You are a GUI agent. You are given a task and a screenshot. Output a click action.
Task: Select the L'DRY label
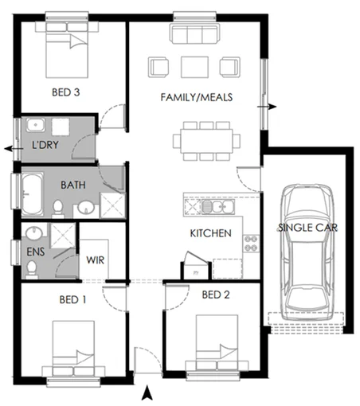coord(45,148)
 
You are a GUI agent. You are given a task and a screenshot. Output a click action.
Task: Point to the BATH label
coord(74,185)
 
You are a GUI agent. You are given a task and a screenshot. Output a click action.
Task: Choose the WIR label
coord(95,260)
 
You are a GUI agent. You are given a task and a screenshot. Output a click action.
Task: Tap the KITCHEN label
coord(210,233)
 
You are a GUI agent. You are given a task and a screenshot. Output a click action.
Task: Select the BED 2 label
coord(215,295)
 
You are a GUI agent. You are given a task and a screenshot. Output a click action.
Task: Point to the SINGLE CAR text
coord(307,228)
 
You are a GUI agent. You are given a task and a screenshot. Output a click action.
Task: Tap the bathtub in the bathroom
coord(31,194)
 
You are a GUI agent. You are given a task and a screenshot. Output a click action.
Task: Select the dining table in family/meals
coord(207,141)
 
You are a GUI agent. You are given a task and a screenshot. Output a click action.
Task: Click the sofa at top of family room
coord(194,34)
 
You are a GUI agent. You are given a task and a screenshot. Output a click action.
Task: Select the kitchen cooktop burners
coord(251,244)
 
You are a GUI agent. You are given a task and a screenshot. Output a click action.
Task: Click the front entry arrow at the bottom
coord(147,392)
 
